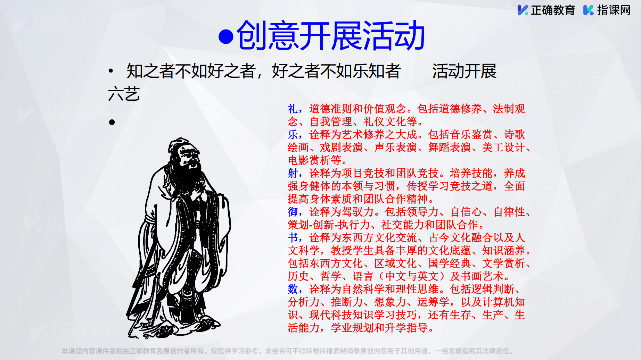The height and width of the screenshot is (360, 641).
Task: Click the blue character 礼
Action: point(293,109)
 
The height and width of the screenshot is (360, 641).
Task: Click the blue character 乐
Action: point(293,134)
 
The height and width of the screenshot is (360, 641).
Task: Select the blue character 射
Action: point(293,173)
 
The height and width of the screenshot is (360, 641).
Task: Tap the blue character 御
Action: point(293,212)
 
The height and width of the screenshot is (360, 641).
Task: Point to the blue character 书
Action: point(293,237)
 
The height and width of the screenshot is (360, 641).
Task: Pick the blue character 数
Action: point(293,289)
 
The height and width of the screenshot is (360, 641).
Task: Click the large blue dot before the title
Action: point(226,37)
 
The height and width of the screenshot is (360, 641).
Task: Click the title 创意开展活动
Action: point(330,35)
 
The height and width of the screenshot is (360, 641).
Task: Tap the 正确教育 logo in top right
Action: point(546,10)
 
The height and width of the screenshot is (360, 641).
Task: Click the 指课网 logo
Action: point(607,10)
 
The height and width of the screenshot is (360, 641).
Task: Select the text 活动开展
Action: point(464,71)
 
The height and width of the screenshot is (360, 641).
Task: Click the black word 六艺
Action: point(124,94)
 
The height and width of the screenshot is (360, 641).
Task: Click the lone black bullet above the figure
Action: point(112,122)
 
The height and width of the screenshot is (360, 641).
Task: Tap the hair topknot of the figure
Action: point(180,142)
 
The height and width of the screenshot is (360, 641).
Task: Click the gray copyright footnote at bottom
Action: point(287,351)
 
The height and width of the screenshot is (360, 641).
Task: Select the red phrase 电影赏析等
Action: point(314,160)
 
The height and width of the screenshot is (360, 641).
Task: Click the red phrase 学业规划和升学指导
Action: point(379,327)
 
